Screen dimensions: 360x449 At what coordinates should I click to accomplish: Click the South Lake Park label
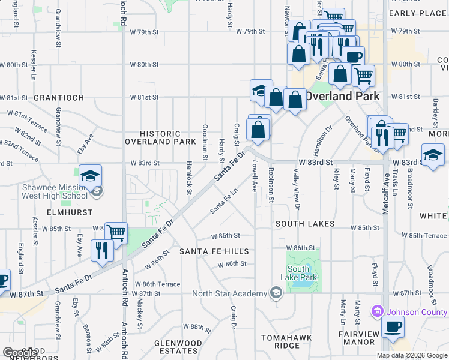(x=298, y=273)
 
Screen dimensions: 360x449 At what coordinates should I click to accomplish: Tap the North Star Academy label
(x=229, y=293)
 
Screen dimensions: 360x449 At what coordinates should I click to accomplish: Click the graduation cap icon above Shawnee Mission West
(x=90, y=176)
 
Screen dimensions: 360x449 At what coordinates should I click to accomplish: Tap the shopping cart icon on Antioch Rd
(x=116, y=232)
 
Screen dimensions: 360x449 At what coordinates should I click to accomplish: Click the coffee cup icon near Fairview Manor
(x=393, y=327)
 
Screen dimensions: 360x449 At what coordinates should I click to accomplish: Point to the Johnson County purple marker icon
(x=377, y=311)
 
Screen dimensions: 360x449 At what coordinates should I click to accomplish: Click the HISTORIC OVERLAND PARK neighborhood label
(x=160, y=137)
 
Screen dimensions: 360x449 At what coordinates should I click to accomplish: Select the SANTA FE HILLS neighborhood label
(x=214, y=251)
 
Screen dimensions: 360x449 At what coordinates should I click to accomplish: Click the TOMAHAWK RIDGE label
(x=286, y=341)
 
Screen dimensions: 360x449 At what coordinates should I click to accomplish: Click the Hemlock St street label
(x=189, y=177)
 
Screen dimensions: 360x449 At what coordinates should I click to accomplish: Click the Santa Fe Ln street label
(x=223, y=202)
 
